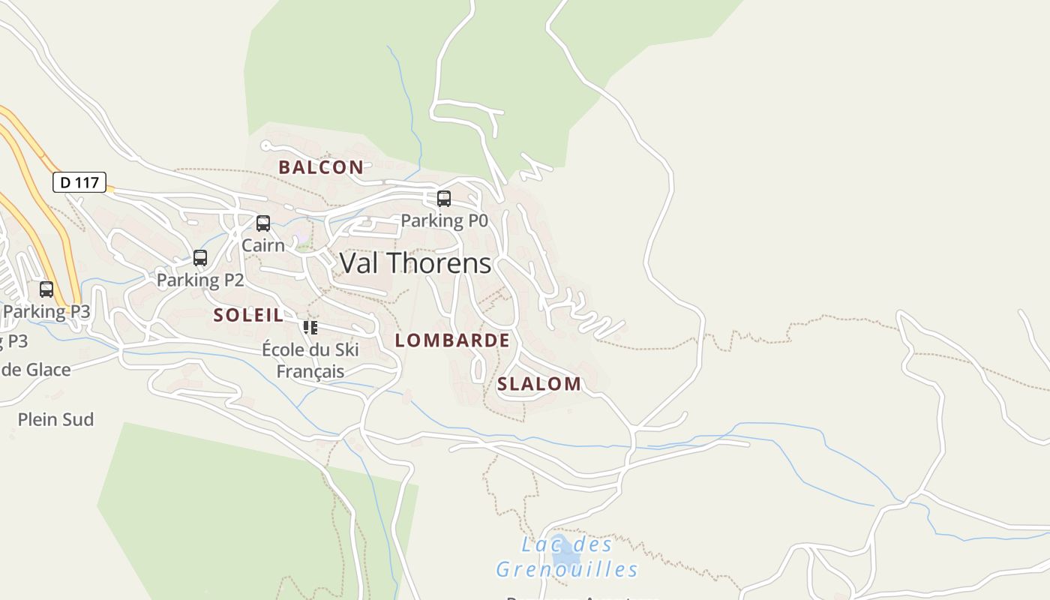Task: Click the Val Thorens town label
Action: [415, 263]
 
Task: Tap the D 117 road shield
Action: [79, 182]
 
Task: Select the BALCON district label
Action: [321, 167]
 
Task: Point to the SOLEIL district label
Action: [248, 315]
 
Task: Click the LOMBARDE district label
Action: [452, 340]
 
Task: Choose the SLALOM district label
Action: [539, 384]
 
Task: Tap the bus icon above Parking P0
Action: [444, 199]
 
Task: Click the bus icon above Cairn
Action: [263, 223]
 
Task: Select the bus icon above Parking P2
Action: [200, 258]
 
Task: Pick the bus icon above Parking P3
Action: [46, 289]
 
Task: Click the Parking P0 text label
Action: [444, 220]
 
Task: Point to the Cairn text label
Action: [263, 245]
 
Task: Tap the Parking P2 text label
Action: [200, 280]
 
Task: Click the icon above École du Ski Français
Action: [310, 328]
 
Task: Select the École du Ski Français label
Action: [310, 360]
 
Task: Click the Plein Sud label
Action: [55, 419]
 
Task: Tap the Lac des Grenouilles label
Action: [566, 557]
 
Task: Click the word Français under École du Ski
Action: [310, 371]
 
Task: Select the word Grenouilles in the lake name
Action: [567, 569]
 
